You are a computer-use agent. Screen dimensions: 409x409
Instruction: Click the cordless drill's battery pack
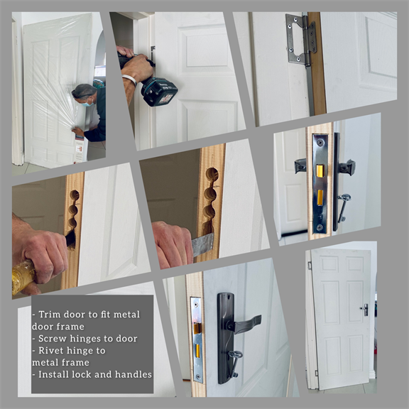pyautogui.click(x=160, y=92)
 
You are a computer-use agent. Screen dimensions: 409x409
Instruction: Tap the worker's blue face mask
pyautogui.click(x=87, y=104)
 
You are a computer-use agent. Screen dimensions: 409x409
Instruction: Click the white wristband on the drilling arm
pyautogui.click(x=130, y=79)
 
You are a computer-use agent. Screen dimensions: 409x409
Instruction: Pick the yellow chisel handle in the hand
pyautogui.click(x=23, y=276)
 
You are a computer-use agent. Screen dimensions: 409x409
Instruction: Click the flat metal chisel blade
pyautogui.click(x=202, y=244)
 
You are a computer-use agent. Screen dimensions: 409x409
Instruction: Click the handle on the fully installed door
pyautogui.click(x=365, y=310)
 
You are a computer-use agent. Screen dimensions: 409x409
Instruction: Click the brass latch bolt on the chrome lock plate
pyautogui.click(x=320, y=171)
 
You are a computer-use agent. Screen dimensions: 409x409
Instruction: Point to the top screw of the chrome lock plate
pyautogui.click(x=320, y=143)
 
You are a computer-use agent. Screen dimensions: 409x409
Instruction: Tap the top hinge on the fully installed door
pyautogui.click(x=310, y=266)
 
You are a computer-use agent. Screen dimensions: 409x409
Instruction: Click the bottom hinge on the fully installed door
pyautogui.click(x=317, y=373)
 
